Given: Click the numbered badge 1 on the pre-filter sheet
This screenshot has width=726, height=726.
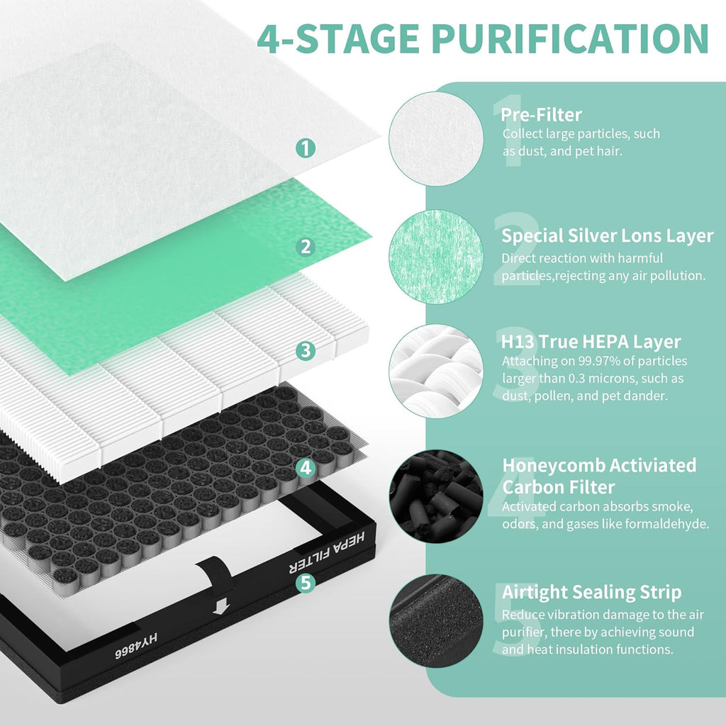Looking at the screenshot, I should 305,148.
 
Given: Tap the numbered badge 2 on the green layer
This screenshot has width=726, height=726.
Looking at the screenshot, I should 305,246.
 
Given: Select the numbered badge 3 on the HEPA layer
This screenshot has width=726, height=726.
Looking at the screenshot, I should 305,350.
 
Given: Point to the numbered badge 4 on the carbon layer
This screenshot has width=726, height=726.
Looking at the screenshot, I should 305,467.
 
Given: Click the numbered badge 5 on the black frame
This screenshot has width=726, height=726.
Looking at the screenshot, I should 305,582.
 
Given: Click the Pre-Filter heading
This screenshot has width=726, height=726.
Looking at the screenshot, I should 541,115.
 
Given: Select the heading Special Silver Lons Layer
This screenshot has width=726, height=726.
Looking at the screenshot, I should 608,236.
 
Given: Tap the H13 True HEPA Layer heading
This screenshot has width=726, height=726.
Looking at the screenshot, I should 591,342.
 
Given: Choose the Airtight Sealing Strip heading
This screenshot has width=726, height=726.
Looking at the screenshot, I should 591,593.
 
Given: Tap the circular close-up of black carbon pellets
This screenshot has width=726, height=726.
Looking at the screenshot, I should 435,494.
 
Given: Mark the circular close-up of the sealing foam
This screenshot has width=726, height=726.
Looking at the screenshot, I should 435,620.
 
